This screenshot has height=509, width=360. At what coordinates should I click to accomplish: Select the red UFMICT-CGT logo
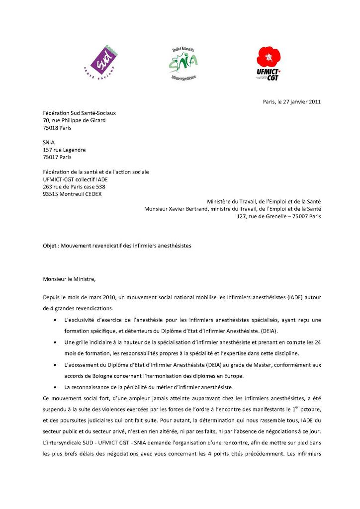(269, 63)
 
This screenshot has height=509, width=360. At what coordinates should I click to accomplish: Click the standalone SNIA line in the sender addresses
(49, 142)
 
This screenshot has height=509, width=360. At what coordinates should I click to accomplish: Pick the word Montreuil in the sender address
(72, 194)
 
